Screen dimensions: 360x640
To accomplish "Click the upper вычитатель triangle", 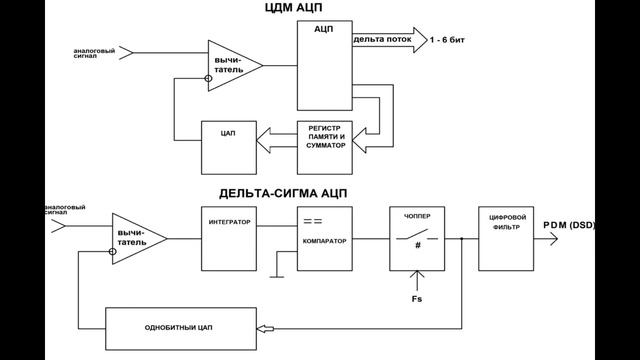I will pos(231,65).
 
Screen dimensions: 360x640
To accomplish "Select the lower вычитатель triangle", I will pos(135,237).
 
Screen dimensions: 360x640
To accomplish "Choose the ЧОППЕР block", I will pos(416,238).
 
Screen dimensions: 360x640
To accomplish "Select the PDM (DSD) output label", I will pos(568,225).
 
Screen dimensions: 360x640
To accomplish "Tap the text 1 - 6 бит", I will pos(451,40).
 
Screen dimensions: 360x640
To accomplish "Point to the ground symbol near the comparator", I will pos(284,267).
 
